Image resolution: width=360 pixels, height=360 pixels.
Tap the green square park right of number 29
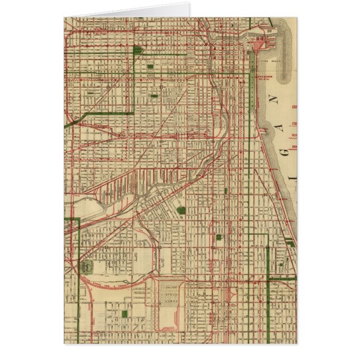181,211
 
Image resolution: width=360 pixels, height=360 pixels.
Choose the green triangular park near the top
138,50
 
